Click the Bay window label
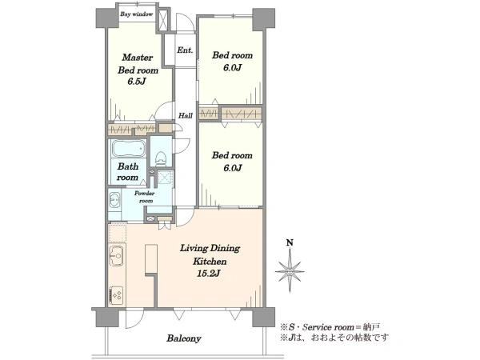pos(136,14)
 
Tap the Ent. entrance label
pos(185,50)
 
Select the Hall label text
pos(186,116)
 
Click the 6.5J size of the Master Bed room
pos(136,82)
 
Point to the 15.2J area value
pos(208,274)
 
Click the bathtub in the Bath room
pos(129,148)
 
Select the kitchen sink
pos(116,255)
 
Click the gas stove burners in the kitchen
pos(116,295)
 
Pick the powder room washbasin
pos(114,200)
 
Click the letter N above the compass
pos(290,242)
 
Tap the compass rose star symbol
pos(290,270)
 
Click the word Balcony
pos(184,338)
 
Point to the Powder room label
pos(145,197)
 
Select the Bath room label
pos(128,172)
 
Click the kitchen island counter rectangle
pos(151,258)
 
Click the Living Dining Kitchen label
pos(210,254)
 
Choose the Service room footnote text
pos(330,327)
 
